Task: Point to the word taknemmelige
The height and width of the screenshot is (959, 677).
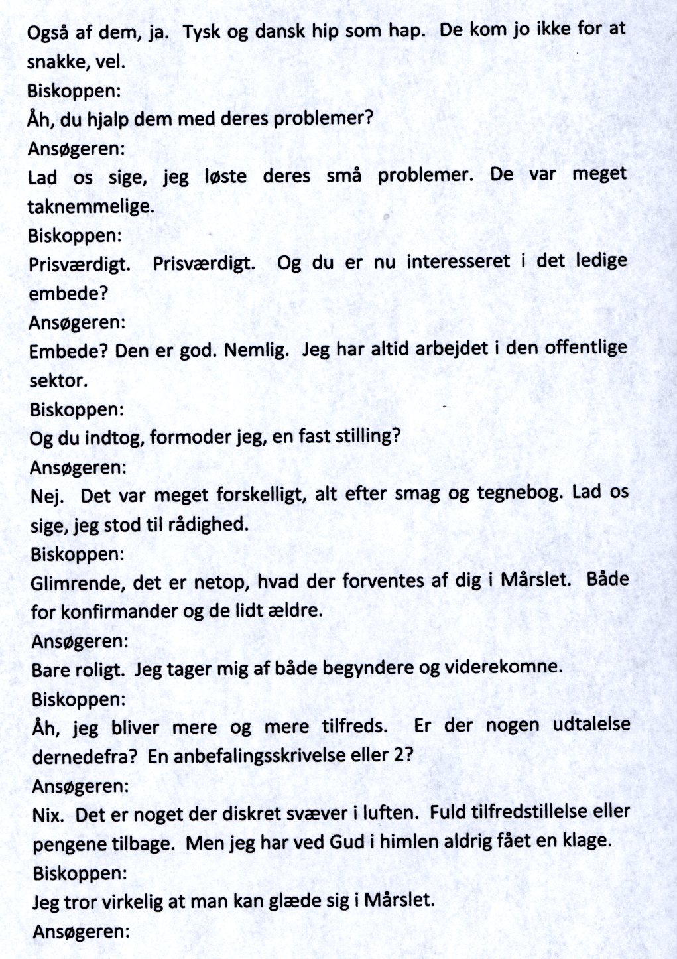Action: pyautogui.click(x=90, y=206)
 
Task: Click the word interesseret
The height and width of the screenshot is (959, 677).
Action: pyautogui.click(x=458, y=261)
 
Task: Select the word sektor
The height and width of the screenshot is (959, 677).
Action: pyautogui.click(x=58, y=380)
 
